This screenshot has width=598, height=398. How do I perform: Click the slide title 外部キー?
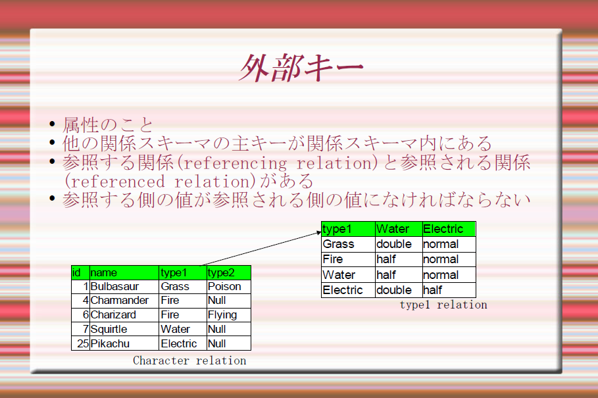click(x=301, y=68)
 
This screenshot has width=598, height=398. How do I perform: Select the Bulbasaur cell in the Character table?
click(x=124, y=286)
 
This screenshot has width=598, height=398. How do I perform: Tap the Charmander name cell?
click(x=124, y=301)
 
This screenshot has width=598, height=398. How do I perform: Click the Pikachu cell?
click(x=124, y=343)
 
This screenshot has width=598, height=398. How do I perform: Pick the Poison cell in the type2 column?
click(x=228, y=286)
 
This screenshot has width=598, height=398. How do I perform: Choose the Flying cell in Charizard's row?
click(x=228, y=315)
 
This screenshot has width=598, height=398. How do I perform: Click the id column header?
click(x=80, y=272)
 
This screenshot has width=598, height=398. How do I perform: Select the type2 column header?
click(x=228, y=272)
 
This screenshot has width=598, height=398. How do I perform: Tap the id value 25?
click(x=83, y=343)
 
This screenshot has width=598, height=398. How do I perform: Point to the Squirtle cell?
click(x=124, y=329)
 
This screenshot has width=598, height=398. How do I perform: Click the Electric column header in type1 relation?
click(x=449, y=229)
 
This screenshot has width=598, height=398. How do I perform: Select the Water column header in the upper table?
click(x=399, y=229)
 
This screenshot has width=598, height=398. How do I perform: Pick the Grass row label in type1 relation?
click(x=348, y=244)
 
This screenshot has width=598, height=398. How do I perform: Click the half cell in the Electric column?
click(x=449, y=290)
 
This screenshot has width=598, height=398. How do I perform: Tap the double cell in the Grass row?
click(x=399, y=244)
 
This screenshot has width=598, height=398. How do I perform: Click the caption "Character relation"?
click(x=189, y=361)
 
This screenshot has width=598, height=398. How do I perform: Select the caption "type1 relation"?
click(x=443, y=305)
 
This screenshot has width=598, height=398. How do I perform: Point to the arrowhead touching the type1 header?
click(x=319, y=232)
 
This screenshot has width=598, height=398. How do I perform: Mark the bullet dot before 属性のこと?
click(x=52, y=124)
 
